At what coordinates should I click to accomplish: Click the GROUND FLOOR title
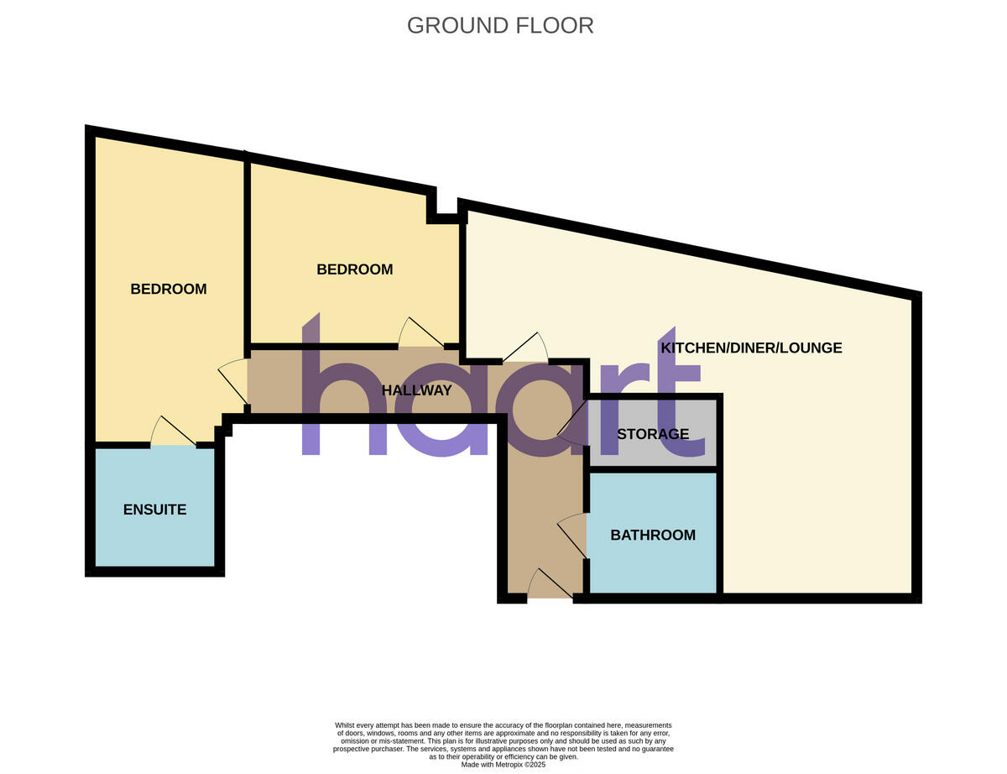pos(500,26)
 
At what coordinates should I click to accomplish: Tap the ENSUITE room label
pos(154,510)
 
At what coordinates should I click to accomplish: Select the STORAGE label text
pos(653,434)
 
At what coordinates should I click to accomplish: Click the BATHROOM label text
pos(653,535)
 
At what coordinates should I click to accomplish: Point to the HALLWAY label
pos(416,390)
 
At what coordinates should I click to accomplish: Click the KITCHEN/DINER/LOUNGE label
pos(751,348)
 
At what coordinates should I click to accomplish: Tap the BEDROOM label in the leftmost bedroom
pos(168,289)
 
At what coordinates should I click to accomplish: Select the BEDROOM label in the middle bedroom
pos(354,269)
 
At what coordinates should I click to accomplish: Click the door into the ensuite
pos(174,432)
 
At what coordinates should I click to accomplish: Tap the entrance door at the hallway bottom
pos(550,585)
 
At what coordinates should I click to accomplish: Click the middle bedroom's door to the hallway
pos(421,334)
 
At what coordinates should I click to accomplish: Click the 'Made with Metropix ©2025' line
pos(503,765)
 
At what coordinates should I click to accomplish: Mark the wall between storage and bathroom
pos(653,468)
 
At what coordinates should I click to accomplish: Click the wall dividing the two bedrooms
pos(248,252)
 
